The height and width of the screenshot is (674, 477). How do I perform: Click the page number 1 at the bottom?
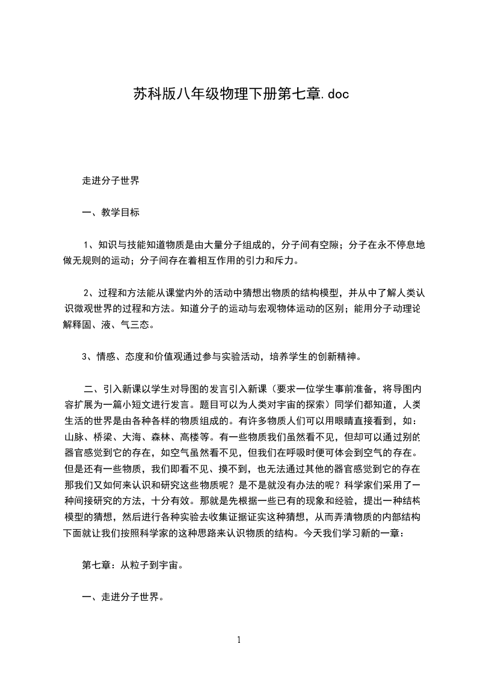click(x=239, y=640)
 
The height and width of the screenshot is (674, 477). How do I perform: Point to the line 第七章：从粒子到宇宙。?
click(x=132, y=565)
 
